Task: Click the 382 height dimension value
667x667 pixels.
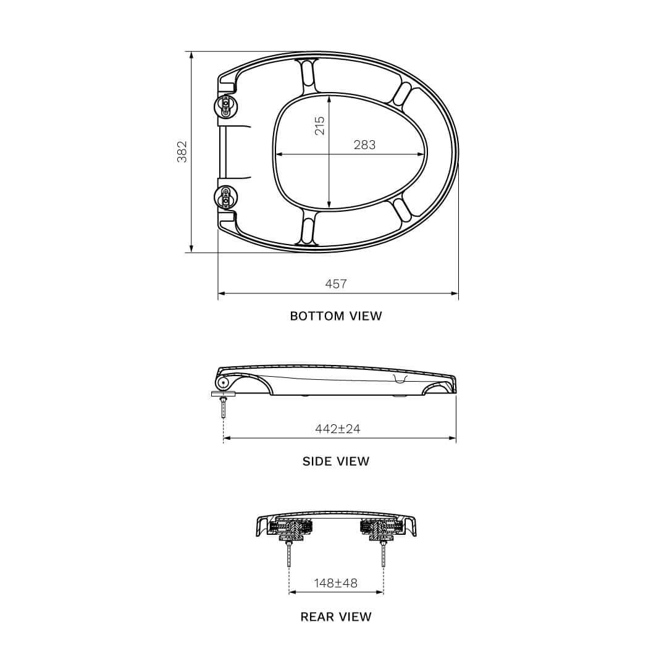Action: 182,152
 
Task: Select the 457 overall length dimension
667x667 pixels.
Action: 336,283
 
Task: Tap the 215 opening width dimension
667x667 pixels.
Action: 319,125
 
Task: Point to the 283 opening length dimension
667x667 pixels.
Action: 364,145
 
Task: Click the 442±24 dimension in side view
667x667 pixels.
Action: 338,429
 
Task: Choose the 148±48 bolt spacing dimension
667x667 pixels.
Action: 335,582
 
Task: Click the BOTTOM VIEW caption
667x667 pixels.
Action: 336,316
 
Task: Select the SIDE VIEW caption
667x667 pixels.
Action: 336,461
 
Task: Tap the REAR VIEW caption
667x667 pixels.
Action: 336,616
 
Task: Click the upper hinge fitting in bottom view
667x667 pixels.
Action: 225,106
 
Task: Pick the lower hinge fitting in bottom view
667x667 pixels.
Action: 225,197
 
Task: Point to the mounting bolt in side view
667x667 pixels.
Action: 223,408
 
